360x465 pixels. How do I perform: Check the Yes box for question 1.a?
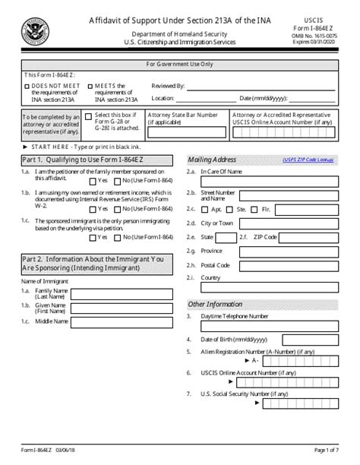93,182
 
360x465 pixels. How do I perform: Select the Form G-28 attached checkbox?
89,116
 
